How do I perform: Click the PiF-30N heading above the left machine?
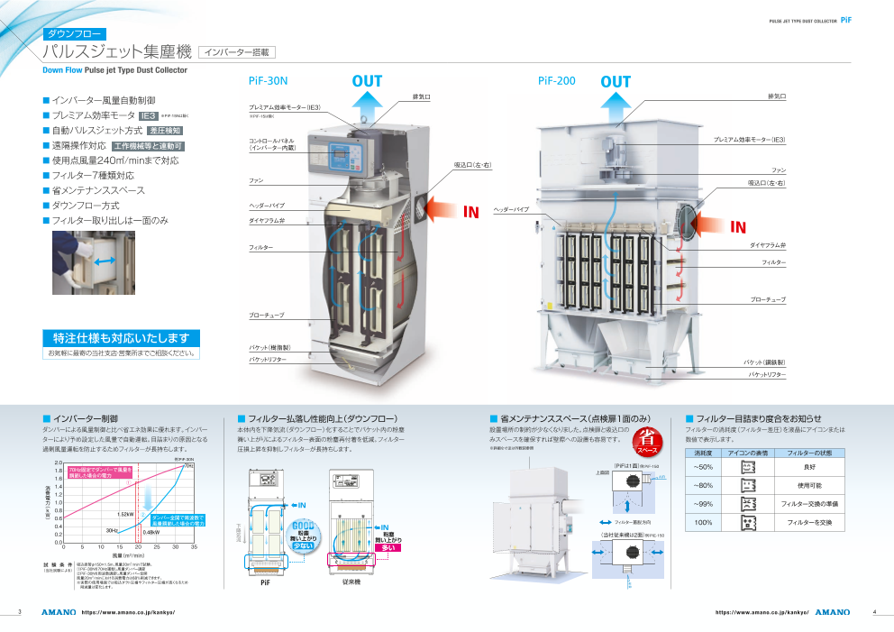click(x=268, y=81)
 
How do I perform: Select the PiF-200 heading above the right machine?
click(x=556, y=81)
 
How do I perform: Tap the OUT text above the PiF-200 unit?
click(x=616, y=82)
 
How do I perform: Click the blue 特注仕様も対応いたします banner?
click(x=121, y=338)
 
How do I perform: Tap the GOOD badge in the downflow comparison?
click(x=303, y=526)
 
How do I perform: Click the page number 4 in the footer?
click(x=874, y=612)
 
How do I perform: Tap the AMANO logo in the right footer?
click(x=832, y=612)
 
